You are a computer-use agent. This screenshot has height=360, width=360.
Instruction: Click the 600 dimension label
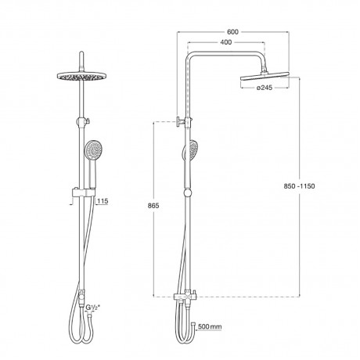232,32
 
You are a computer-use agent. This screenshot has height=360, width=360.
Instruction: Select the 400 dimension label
226,42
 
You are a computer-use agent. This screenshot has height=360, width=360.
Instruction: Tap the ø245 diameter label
265,88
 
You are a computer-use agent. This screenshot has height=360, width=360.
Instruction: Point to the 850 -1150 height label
300,186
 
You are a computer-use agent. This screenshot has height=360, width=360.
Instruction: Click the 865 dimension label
153,206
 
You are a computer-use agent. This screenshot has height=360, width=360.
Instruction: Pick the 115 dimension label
103,201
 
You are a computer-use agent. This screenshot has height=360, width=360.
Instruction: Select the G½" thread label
93,308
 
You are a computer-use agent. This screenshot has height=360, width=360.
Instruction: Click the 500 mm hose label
210,326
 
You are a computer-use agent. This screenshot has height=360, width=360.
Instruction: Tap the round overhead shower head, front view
82,76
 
